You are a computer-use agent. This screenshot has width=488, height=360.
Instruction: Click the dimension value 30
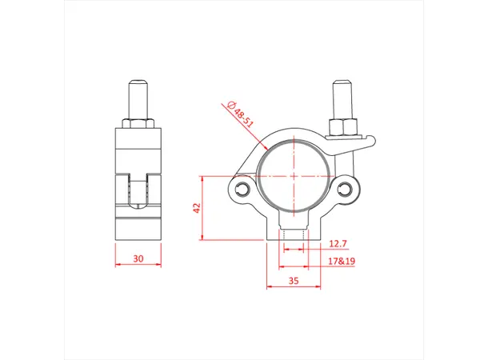[139, 258]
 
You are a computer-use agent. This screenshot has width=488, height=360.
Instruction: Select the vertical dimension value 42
[194, 206]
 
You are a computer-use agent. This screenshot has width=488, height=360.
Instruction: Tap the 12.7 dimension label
[339, 242]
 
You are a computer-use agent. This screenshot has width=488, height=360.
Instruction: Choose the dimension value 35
[294, 280]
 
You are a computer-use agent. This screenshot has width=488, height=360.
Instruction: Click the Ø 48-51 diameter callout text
[238, 112]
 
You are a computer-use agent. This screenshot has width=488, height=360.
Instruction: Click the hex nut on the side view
[139, 123]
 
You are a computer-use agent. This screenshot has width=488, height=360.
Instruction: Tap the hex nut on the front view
[344, 126]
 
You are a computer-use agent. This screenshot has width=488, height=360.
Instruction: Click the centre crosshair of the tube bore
[294, 175]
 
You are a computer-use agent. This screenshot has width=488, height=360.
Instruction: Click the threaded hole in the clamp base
[294, 237]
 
